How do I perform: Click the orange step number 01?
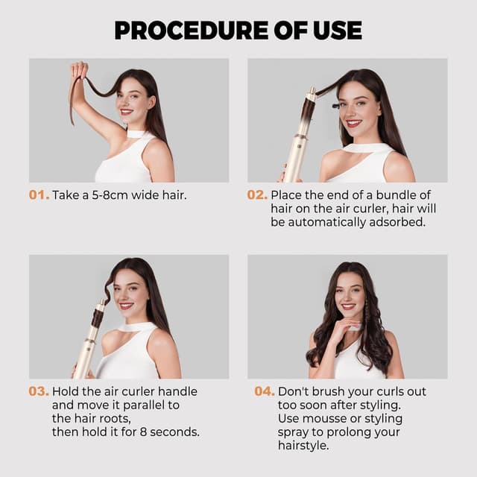[x=39, y=195]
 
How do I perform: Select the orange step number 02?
[x=257, y=195]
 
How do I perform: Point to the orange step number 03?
[x=39, y=391]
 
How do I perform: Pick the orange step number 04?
[x=264, y=391]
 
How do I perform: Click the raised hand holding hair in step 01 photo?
[x=78, y=72]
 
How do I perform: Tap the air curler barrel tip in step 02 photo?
[x=312, y=93]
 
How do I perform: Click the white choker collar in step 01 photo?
[x=136, y=133]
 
